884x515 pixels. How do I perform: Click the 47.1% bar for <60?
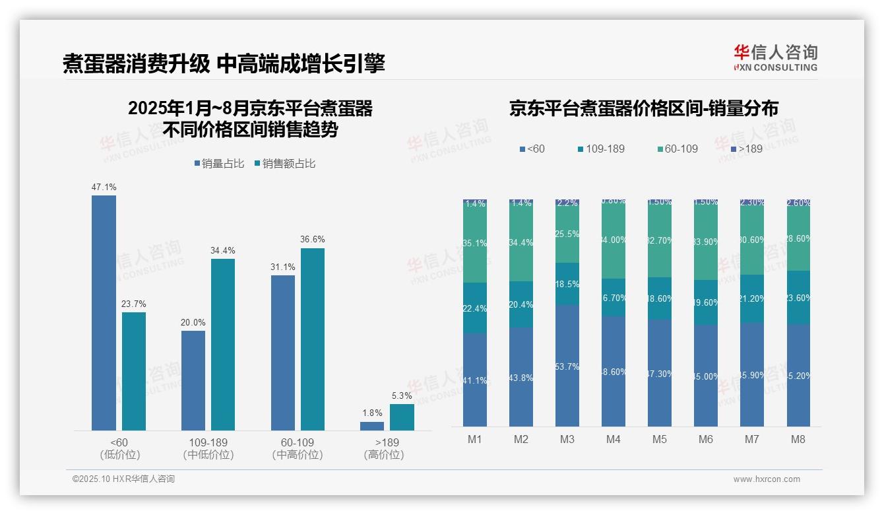click(104, 313)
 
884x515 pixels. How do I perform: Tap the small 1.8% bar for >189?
click(372, 427)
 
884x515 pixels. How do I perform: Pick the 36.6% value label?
click(313, 240)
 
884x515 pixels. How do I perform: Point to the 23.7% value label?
click(133, 304)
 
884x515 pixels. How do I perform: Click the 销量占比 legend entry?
click(219, 164)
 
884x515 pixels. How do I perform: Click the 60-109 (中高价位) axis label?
click(298, 448)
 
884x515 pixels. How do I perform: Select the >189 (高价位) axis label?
click(384, 448)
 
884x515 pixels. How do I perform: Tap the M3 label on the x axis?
click(567, 440)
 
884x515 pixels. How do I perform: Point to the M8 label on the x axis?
click(798, 440)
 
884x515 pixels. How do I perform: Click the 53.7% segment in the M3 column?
click(567, 366)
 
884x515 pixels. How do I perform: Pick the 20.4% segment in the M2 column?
click(521, 304)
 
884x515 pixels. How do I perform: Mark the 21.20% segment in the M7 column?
click(752, 298)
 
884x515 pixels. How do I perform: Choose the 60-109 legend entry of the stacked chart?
click(677, 149)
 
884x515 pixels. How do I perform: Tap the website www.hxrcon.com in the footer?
click(767, 479)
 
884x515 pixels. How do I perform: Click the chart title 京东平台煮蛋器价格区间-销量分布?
click(643, 108)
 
